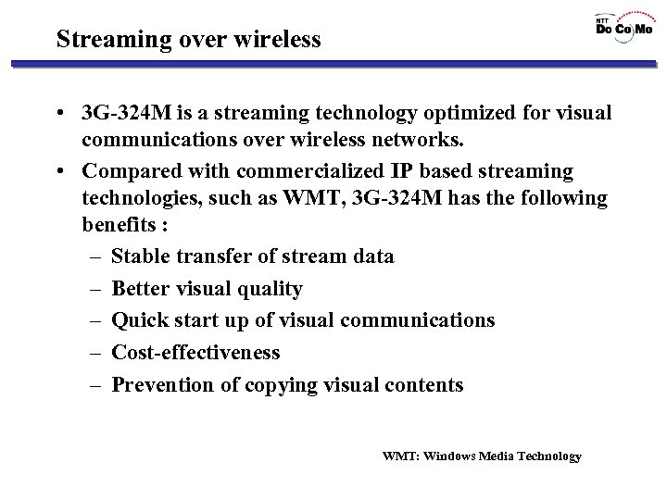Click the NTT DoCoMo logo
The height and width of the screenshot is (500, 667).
tap(623, 27)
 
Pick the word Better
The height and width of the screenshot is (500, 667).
tap(141, 289)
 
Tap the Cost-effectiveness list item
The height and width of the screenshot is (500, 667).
tap(195, 352)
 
